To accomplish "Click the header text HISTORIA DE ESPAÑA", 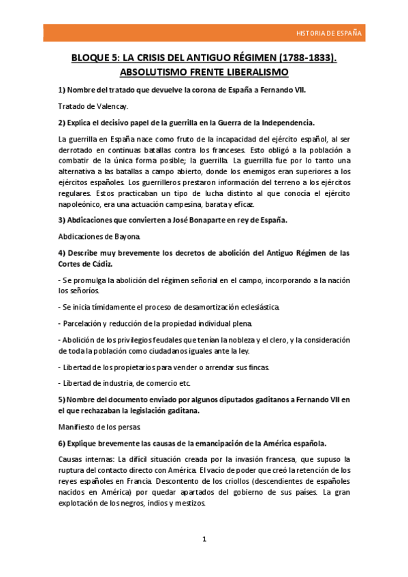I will [329, 33].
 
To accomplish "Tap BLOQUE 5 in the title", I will [97, 59].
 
